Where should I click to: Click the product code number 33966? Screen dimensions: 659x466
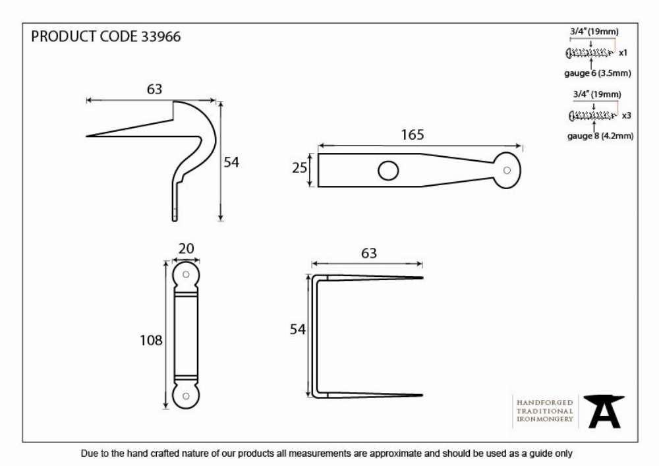click(161, 36)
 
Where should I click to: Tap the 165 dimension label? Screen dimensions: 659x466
click(413, 135)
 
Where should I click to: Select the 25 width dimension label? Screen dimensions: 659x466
click(300, 168)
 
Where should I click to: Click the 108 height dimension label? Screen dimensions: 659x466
click(151, 340)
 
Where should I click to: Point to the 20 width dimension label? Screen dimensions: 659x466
click(186, 248)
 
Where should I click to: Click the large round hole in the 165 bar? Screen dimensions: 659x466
click(388, 171)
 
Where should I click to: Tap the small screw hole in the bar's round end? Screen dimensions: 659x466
click(507, 170)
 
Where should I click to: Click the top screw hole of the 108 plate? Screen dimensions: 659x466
click(186, 274)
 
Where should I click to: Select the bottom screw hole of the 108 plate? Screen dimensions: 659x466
click(186, 396)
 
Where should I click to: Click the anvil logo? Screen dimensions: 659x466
click(604, 411)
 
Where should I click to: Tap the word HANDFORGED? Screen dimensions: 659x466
click(545, 403)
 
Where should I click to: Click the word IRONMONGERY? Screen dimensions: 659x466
click(545, 419)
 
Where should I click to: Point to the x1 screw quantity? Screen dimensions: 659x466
click(623, 53)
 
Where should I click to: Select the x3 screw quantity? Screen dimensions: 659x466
click(626, 115)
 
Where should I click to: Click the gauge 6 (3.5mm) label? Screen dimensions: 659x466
click(598, 73)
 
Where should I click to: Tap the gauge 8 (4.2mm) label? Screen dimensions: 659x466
click(600, 136)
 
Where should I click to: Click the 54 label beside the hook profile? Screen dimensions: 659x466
click(231, 162)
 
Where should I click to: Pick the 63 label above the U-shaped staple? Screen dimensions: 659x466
click(368, 253)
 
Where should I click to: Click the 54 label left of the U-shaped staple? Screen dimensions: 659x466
click(298, 330)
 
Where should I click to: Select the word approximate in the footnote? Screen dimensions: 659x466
click(395, 454)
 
